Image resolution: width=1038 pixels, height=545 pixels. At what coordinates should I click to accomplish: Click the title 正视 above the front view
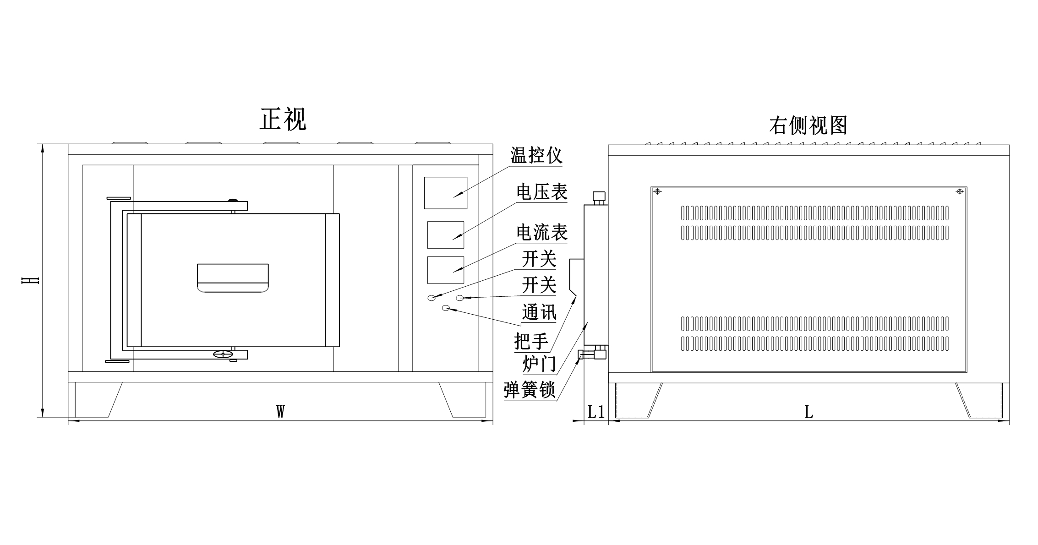(283, 120)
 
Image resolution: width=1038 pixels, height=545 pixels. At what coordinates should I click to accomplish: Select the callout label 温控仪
(536, 155)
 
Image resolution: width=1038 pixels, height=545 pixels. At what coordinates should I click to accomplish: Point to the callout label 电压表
(542, 192)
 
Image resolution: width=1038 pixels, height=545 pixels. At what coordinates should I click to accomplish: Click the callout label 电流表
(542, 233)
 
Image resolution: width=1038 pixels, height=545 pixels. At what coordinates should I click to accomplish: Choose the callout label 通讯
(539, 312)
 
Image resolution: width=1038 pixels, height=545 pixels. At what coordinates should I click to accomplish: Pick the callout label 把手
(531, 341)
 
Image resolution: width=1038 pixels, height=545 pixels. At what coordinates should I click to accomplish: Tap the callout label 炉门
(539, 365)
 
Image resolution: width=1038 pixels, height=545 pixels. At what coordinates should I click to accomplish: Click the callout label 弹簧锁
(529, 390)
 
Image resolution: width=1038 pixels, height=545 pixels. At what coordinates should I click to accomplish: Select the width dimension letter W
(280, 412)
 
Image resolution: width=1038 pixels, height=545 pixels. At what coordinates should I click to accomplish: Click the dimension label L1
(595, 412)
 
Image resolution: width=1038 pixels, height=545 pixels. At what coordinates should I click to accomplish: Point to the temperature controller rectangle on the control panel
(445, 193)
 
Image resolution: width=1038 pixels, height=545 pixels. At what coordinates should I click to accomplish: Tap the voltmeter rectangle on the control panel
(445, 235)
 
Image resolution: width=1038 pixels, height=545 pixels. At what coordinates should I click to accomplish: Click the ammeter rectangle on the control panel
(445, 270)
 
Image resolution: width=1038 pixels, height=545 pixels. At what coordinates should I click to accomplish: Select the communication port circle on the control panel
(446, 308)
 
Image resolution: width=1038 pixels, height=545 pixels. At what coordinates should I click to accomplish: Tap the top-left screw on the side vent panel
(657, 191)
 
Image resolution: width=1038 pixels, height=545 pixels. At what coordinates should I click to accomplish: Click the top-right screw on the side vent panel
(960, 191)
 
